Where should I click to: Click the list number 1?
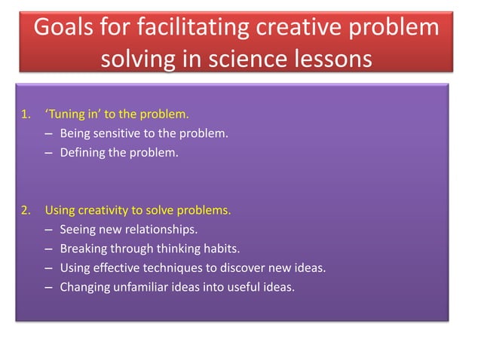point(25,115)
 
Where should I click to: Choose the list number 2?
point(25,210)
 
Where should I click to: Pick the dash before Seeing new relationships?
point(48,229)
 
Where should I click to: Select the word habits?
point(225,249)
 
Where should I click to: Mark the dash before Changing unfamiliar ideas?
point(48,286)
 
